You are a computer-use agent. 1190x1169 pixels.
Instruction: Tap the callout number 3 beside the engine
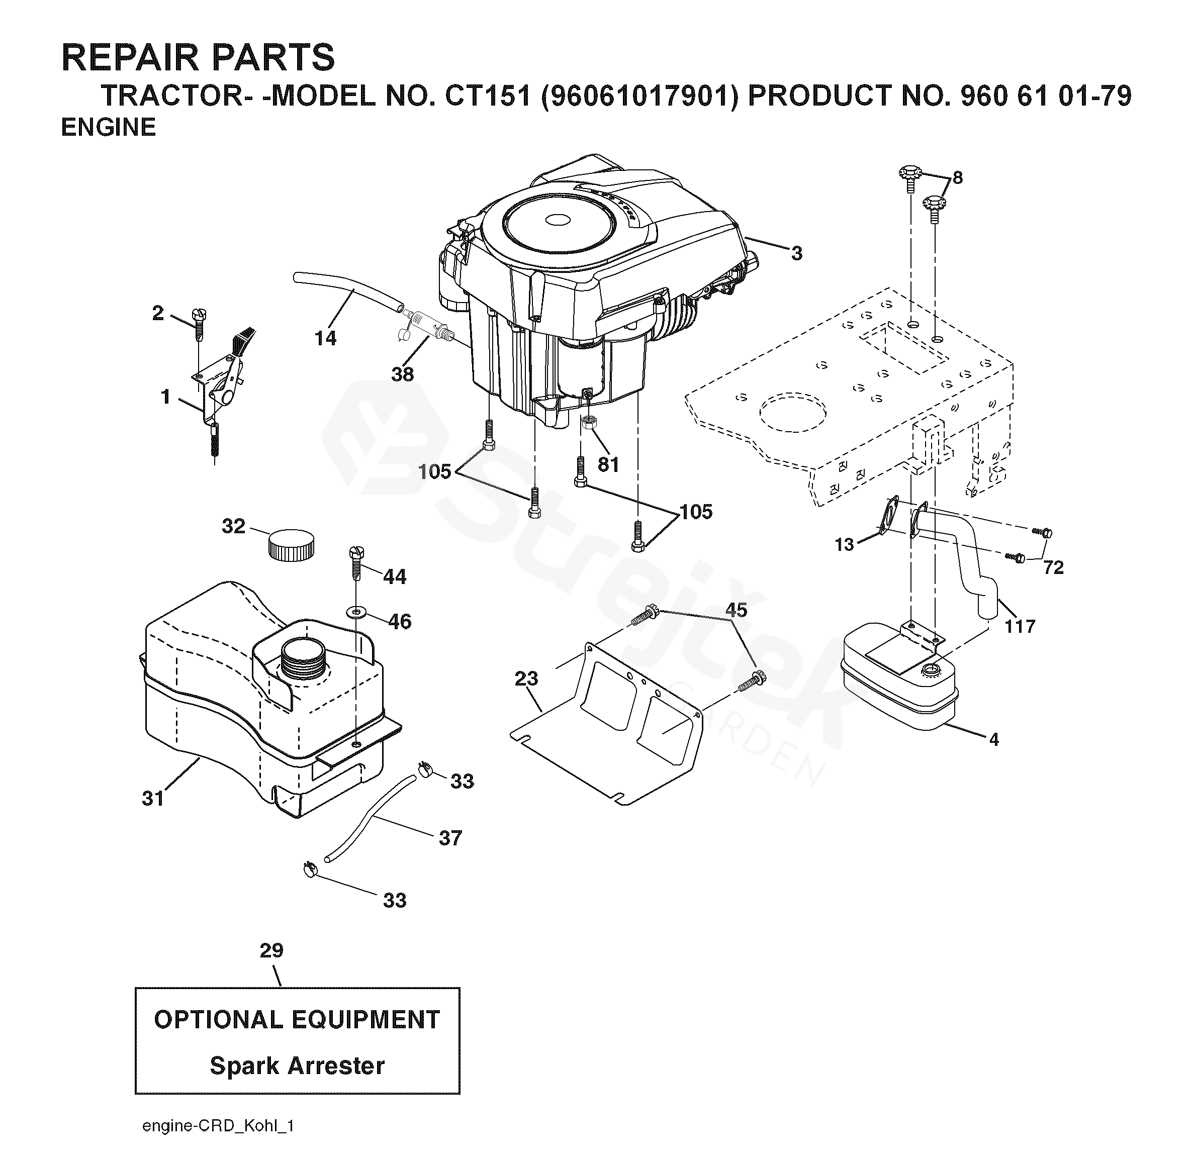pos(796,253)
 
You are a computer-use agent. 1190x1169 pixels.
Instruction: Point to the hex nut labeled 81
pos(590,423)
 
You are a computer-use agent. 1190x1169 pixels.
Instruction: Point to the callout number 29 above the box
pos(271,950)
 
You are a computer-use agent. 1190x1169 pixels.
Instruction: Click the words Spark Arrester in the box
pos(297,1066)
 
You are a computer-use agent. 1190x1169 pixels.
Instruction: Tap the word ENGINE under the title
pos(108,127)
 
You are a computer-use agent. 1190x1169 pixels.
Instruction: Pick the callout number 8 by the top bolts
pos(957,178)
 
